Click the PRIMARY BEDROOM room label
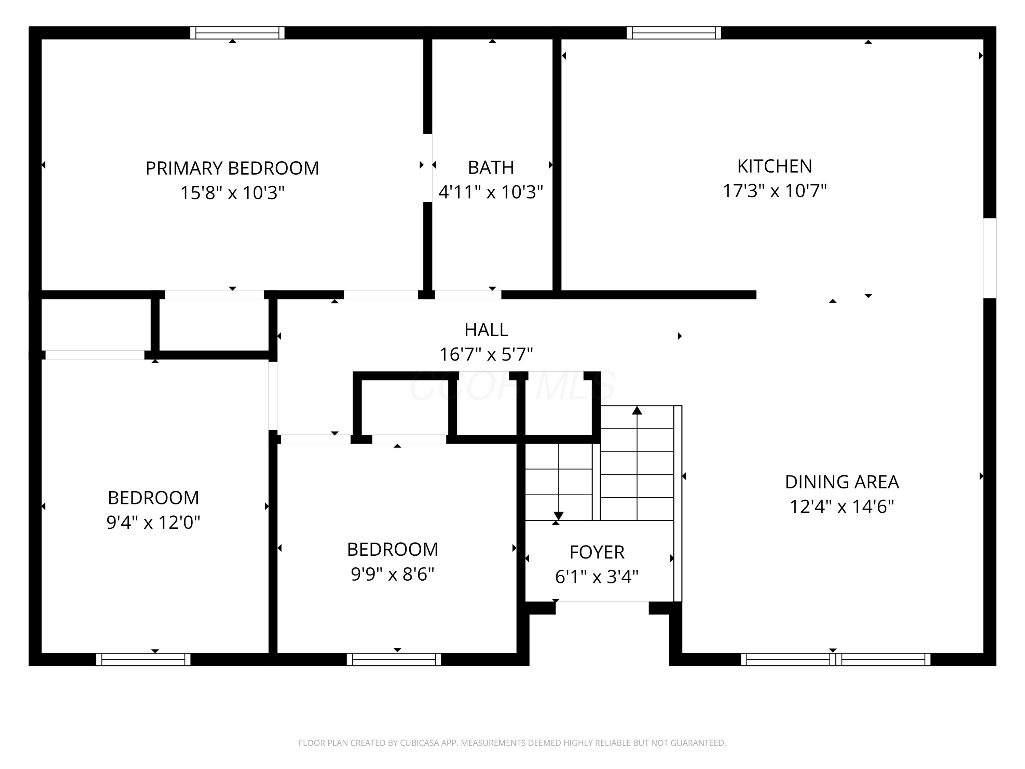coord(232,168)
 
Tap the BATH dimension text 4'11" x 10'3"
coord(491,192)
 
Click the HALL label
coord(486,329)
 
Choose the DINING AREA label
coord(842,482)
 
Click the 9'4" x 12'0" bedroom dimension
coord(153,522)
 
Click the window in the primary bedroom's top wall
coord(237,33)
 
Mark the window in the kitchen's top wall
coord(674,33)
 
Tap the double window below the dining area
coord(835,659)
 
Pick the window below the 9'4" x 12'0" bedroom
coord(143,659)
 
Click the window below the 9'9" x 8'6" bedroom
coord(394,659)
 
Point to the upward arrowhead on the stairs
coord(637,410)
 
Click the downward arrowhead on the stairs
coord(558,516)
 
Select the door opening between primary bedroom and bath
coord(428,168)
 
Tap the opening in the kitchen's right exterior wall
coord(990,258)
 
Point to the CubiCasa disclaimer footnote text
coord(512,743)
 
